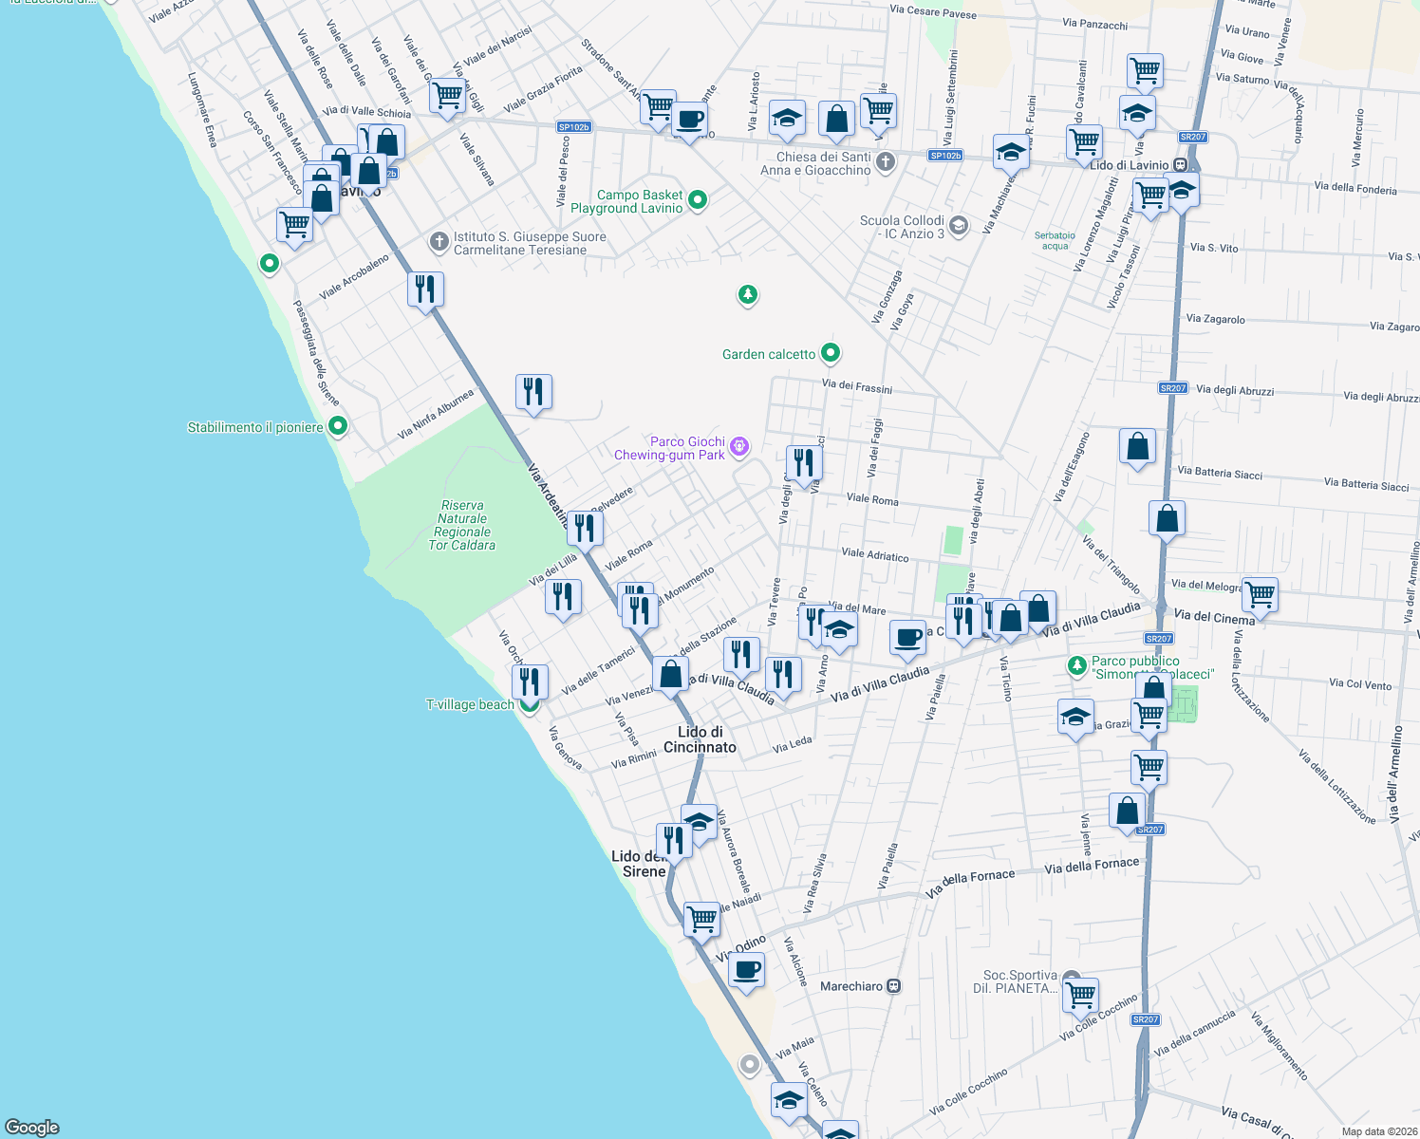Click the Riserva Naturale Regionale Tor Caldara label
pos(462,526)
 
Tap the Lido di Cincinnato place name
pos(700,739)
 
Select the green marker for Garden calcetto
pos(831,353)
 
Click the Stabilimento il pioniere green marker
pos(337,427)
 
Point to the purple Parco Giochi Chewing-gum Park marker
pos(740,446)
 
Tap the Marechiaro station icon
pos(893,986)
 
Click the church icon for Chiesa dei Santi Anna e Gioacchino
pos(886,162)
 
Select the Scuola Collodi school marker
pos(959,226)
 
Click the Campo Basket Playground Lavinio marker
pos(698,200)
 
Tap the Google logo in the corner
pos(32,1127)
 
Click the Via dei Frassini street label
pos(856,386)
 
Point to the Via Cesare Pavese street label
pos(932,11)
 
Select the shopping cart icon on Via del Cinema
pos(1260,595)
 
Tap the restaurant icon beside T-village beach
pos(530,682)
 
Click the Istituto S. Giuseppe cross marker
pos(439,242)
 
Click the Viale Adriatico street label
pos(874,554)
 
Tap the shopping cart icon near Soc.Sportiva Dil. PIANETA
pos(1080,996)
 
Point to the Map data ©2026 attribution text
pos(1375,1131)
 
